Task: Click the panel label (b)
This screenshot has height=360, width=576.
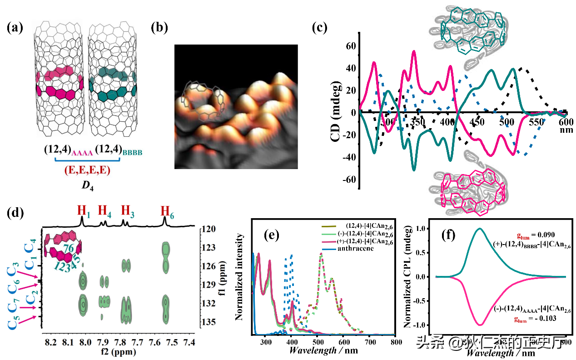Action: (159, 28)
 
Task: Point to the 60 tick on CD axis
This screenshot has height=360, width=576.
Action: (350, 46)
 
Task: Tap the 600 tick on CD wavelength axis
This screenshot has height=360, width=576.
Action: (566, 122)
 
